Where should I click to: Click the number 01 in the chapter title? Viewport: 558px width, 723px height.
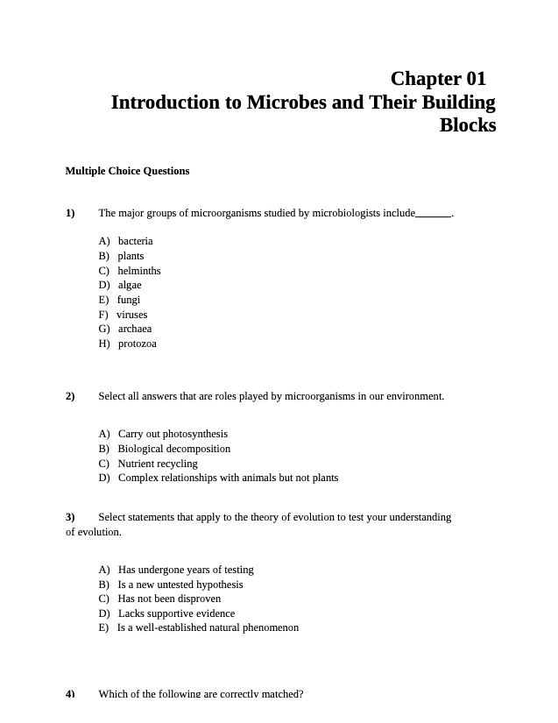472,79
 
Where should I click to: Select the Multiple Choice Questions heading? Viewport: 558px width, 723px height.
127,171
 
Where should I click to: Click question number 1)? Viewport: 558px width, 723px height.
70,213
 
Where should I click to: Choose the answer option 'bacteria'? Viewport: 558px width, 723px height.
135,241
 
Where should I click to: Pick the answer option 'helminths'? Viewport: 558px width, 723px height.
139,271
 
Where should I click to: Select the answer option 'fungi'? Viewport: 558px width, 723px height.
129,300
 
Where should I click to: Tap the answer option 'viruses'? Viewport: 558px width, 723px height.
132,315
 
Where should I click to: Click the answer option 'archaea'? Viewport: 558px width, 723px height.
135,330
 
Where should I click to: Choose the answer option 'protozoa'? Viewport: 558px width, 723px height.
138,344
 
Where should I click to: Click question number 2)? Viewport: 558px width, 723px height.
70,396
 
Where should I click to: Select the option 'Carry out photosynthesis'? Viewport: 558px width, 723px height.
173,434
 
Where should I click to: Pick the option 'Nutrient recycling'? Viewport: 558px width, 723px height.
158,464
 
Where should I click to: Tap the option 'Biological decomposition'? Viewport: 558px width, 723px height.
174,449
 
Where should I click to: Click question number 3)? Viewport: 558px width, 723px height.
70,517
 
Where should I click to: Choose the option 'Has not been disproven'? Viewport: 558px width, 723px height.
169,599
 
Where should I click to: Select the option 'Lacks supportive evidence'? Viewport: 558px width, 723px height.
176,613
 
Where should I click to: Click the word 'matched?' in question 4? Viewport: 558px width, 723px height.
281,694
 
